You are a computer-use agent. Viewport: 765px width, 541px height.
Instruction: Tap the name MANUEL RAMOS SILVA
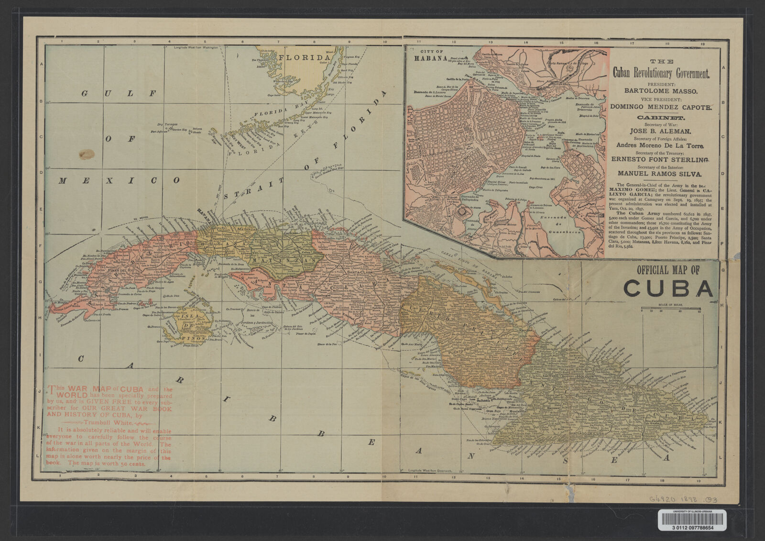tap(661, 175)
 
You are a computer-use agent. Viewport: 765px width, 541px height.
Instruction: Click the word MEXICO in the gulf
tap(120, 181)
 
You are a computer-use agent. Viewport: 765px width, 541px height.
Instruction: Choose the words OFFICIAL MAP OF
tap(668, 270)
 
